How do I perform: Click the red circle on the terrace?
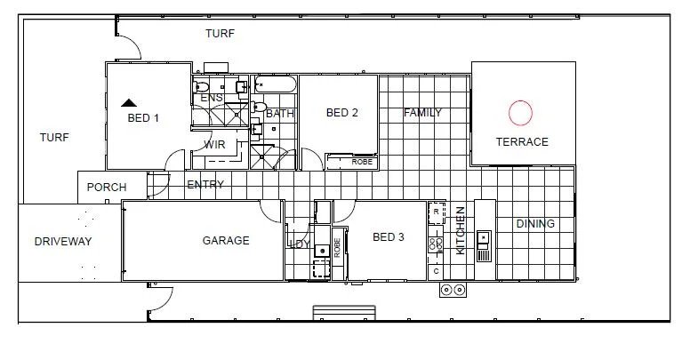520,112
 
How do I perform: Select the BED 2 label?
342,113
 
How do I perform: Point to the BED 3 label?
389,237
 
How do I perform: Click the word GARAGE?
226,241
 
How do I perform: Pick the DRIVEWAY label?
63,242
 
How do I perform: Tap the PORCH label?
106,188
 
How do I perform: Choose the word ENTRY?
205,185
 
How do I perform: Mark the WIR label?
214,145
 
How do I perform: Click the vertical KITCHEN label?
461,230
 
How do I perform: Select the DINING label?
535,224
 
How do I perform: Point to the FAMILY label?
422,113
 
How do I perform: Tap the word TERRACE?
522,142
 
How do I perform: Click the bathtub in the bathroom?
275,86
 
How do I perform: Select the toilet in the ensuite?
202,87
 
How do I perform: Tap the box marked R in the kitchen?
436,212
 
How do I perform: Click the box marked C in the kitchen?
437,269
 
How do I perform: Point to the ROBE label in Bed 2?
362,162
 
